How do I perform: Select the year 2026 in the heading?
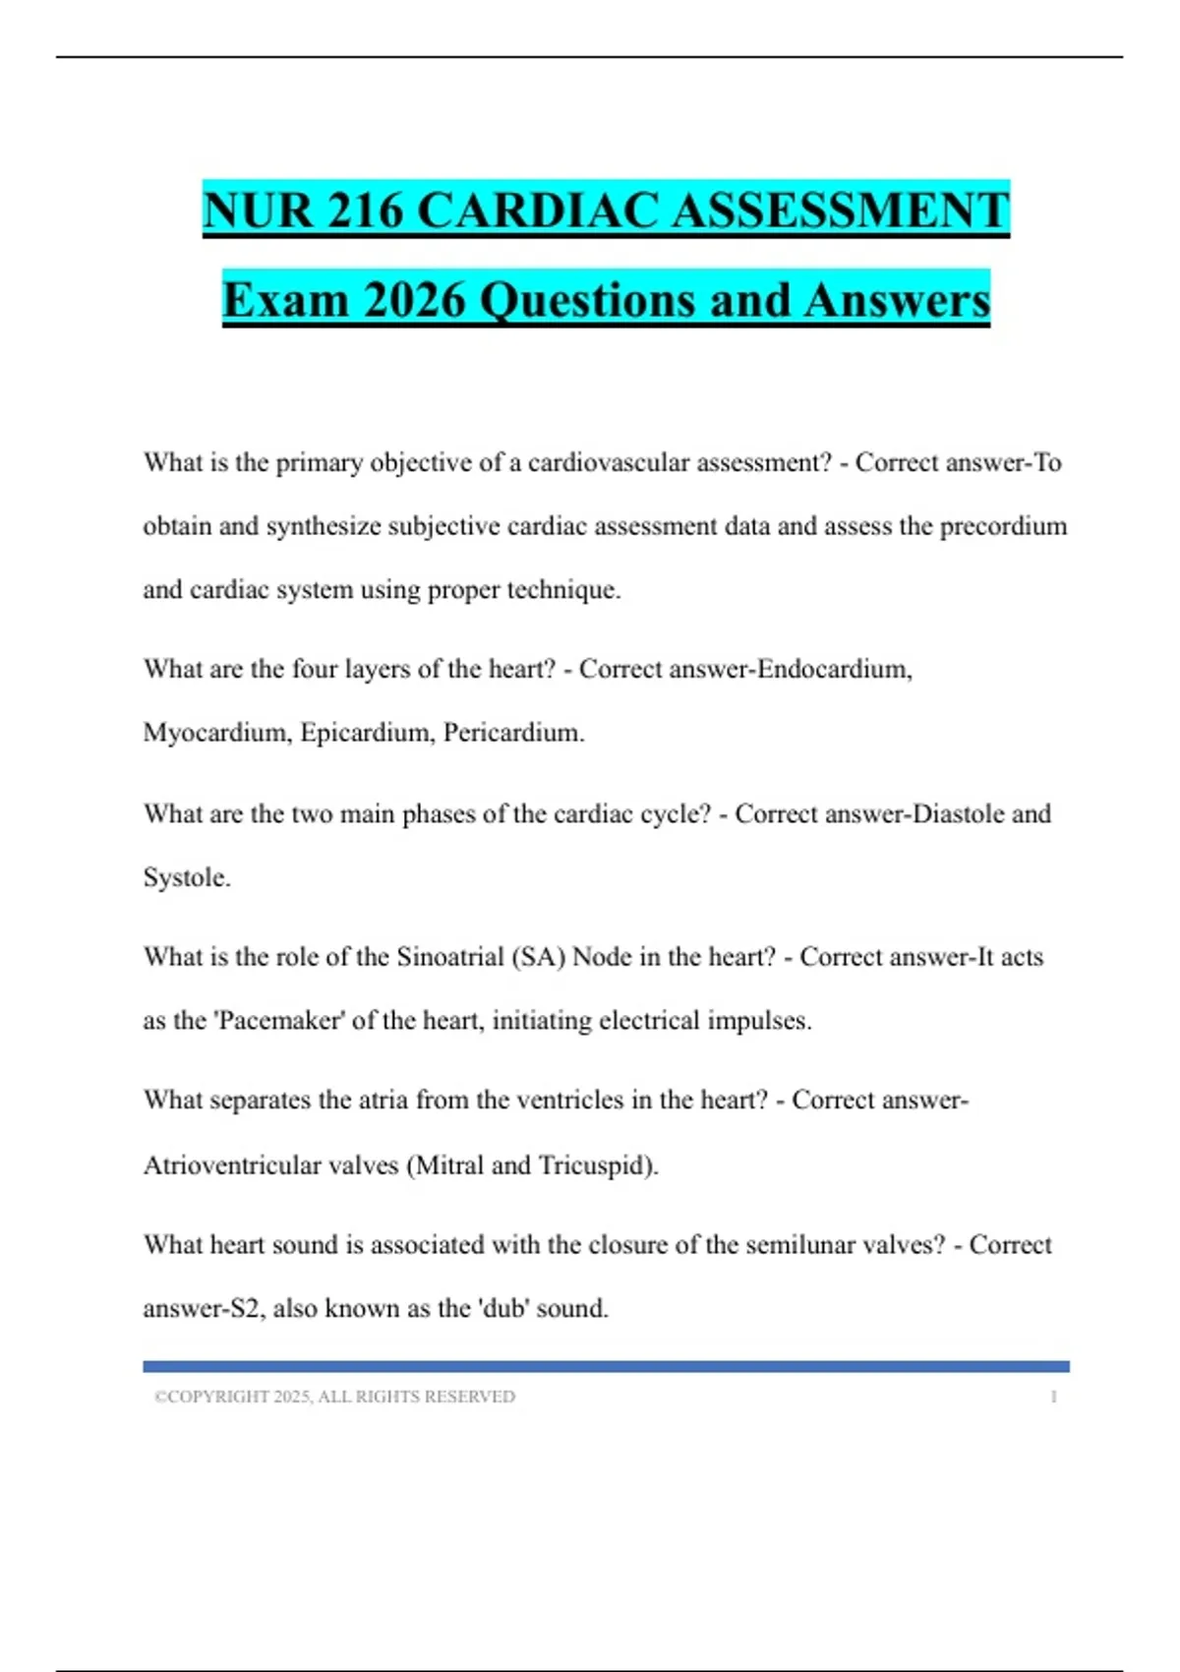(414, 300)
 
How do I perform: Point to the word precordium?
(1003, 526)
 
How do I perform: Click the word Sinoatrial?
(449, 957)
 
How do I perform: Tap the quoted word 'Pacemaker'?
(278, 1021)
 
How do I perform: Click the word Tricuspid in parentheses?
(596, 1165)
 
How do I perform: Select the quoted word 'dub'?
(503, 1309)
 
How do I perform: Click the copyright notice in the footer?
(334, 1397)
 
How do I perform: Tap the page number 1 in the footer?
(1053, 1397)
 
